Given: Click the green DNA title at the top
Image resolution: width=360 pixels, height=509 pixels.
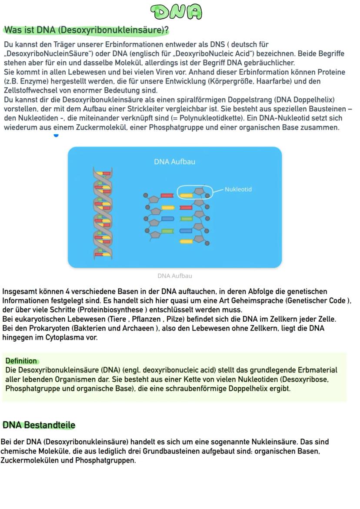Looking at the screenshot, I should click(x=176, y=12).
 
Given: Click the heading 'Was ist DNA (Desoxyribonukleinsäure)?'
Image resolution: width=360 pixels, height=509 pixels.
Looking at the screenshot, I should click(x=86, y=30).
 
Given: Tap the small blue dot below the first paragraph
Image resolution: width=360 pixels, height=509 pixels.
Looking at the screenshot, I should click(x=56, y=135).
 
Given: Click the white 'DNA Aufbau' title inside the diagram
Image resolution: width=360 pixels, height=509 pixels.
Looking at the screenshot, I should click(x=174, y=162).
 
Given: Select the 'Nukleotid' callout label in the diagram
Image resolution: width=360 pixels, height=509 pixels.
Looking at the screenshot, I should click(x=238, y=190).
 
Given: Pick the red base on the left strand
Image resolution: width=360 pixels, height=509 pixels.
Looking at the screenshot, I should click(x=167, y=196).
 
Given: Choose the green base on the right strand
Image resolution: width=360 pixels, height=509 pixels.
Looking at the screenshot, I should click(x=186, y=219).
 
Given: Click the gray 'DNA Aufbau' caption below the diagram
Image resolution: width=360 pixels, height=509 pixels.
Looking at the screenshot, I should click(x=174, y=276).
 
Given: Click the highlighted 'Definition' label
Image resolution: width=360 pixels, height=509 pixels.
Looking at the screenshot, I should click(x=21, y=361).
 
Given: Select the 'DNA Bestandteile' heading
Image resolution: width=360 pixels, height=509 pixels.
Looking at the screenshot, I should click(x=39, y=425).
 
